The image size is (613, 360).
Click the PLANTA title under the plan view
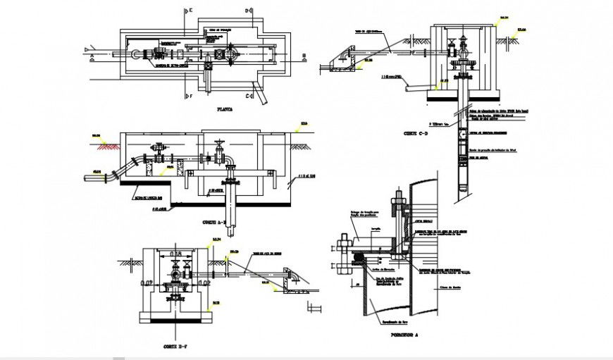tap(225, 110)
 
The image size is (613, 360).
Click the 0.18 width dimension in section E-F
tap(178, 253)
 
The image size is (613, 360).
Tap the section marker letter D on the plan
tap(248, 11)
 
